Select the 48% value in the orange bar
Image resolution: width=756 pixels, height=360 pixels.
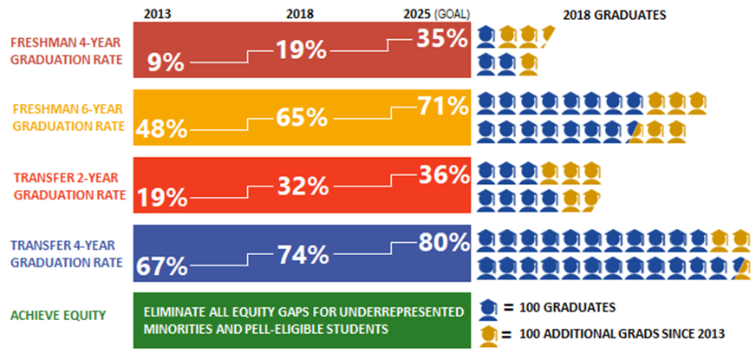162,129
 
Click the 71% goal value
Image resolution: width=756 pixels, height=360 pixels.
442,108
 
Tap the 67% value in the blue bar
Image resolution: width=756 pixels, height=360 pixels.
161,265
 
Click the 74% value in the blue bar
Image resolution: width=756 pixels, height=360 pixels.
302,253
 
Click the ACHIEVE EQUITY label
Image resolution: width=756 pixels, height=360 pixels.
57,314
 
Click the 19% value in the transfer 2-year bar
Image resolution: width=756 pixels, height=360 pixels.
162,197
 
